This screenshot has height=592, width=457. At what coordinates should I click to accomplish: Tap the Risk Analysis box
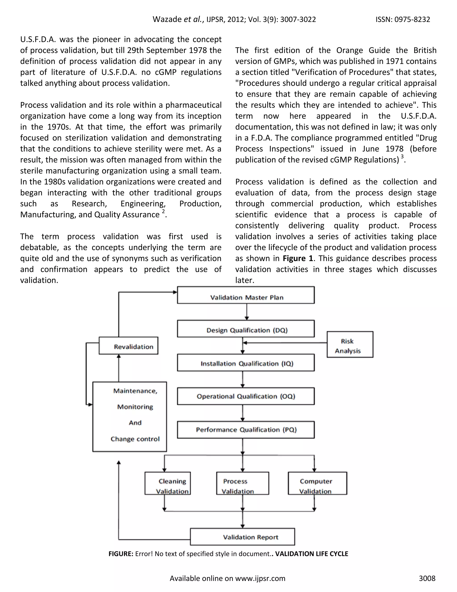tap(350, 344)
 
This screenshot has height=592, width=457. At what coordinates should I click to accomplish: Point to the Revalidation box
tap(129, 346)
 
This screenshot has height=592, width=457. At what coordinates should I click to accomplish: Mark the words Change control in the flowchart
tap(135, 439)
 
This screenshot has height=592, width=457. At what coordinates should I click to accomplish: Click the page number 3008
tap(427, 578)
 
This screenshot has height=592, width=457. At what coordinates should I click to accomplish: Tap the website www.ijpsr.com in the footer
tap(260, 578)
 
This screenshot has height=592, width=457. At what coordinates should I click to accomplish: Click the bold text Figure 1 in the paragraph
tap(298, 258)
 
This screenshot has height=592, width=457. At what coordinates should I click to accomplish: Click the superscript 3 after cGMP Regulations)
tap(402, 157)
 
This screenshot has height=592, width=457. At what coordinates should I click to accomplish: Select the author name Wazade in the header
tap(167, 19)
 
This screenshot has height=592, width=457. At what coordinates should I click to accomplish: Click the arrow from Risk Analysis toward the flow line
tap(284, 343)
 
